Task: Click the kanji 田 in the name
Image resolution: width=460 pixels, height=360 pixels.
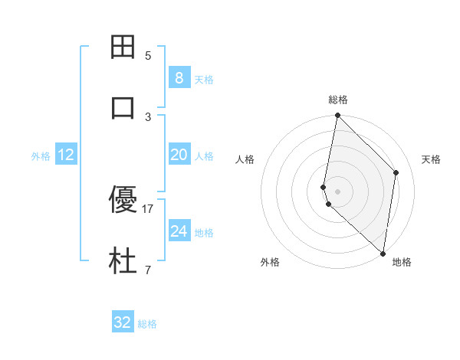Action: (123, 47)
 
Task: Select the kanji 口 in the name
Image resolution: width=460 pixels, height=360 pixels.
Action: (123, 108)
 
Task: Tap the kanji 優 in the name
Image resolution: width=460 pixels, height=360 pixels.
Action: (123, 201)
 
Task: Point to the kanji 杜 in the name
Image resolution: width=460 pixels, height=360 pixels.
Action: (123, 261)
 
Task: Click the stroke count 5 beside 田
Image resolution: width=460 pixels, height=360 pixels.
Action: (148, 55)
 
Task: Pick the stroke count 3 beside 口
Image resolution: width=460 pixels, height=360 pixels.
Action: (148, 116)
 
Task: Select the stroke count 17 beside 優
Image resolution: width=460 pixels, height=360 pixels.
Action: (149, 208)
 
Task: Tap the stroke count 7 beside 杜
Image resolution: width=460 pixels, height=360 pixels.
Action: (148, 270)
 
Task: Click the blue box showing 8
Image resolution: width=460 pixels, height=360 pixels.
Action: (179, 77)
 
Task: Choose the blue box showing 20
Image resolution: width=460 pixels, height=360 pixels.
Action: (179, 155)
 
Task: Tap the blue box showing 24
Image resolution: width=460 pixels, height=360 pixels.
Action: (179, 231)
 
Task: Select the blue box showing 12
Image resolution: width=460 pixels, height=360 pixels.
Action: (66, 155)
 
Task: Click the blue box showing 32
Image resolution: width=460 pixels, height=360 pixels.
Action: (123, 322)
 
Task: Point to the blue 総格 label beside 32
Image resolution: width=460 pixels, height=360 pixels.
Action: (148, 324)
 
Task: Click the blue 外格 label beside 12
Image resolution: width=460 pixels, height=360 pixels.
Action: (41, 155)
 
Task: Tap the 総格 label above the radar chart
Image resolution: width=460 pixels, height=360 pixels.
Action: (338, 100)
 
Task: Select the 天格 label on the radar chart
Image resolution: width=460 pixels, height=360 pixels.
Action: (432, 159)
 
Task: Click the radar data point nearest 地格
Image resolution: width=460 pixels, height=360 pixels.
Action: (383, 253)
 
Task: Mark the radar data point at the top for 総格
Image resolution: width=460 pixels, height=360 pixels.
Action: (337, 115)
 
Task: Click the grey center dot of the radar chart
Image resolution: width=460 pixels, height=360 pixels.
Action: (338, 191)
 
